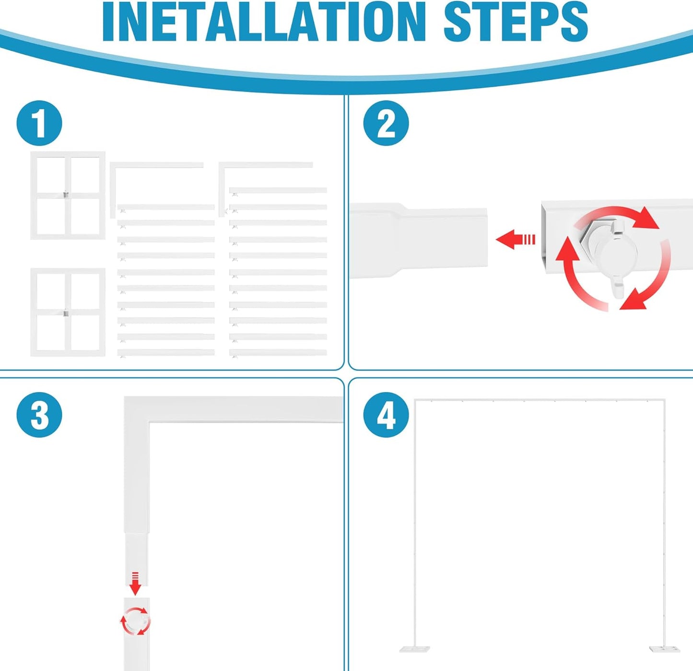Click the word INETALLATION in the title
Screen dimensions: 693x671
263,22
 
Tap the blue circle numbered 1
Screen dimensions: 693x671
39,124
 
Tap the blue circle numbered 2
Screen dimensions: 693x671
386,124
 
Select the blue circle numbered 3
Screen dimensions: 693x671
39,415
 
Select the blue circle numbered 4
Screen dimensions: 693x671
386,415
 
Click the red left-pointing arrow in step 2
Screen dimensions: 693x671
516,239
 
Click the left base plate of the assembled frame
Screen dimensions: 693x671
414,649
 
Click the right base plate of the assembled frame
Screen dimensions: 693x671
665,649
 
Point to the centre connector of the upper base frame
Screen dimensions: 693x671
66,195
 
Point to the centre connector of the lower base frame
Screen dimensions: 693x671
66,313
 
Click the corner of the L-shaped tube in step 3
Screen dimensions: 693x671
136,409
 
